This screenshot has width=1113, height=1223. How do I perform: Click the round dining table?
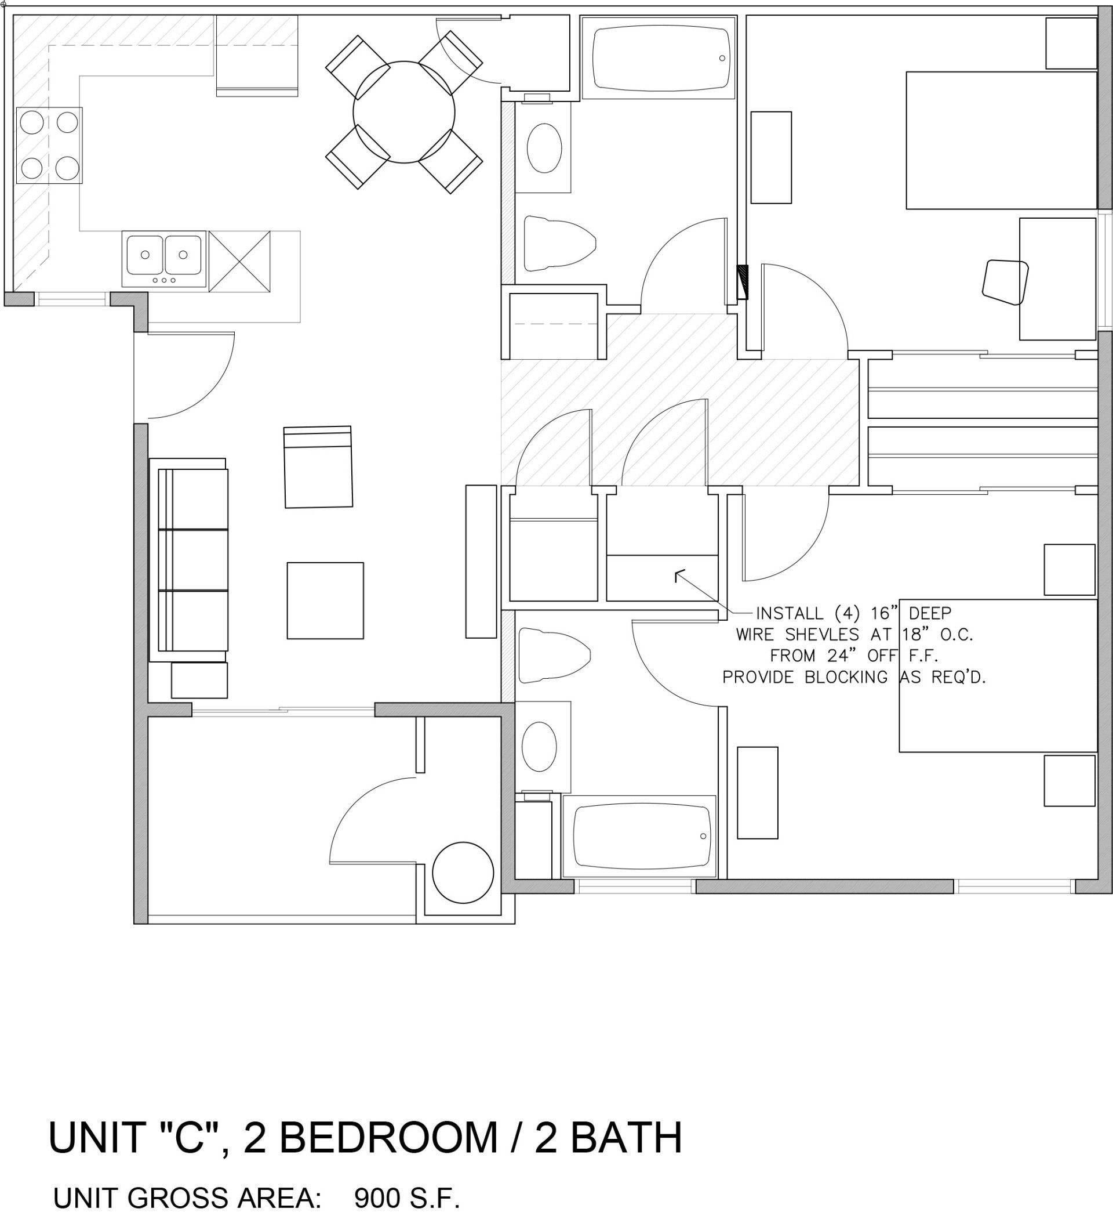[403, 111]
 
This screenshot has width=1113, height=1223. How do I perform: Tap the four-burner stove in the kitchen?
[49, 146]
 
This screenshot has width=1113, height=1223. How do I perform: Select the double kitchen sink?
[164, 258]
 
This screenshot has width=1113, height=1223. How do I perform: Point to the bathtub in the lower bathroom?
[639, 836]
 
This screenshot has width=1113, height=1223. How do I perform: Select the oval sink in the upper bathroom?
[544, 148]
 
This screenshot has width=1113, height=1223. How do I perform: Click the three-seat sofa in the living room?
[188, 560]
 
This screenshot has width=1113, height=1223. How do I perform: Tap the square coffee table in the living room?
[325, 600]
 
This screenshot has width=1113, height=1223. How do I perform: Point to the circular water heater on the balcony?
[463, 873]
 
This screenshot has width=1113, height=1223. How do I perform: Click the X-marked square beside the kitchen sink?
[239, 262]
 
